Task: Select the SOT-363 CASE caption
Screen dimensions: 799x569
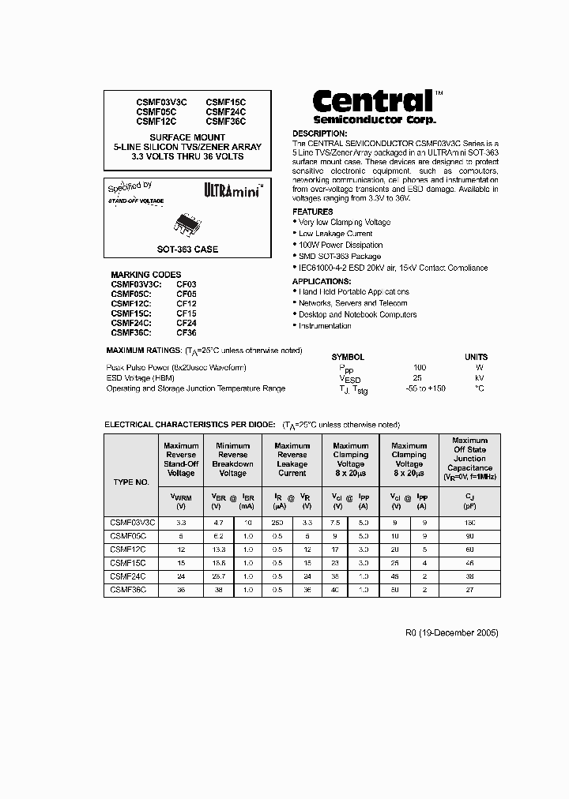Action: click(x=187, y=249)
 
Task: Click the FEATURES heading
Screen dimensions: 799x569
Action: click(x=313, y=212)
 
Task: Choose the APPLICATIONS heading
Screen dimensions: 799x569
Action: click(x=322, y=281)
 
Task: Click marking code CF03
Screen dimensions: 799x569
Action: click(x=187, y=283)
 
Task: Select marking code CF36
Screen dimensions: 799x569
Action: click(x=187, y=333)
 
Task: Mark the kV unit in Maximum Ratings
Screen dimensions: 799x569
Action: click(x=479, y=378)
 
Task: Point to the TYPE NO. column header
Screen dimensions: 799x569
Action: click(x=131, y=482)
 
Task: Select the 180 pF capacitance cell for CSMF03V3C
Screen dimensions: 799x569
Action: click(x=469, y=523)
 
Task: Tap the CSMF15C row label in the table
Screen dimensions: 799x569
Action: click(x=129, y=564)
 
